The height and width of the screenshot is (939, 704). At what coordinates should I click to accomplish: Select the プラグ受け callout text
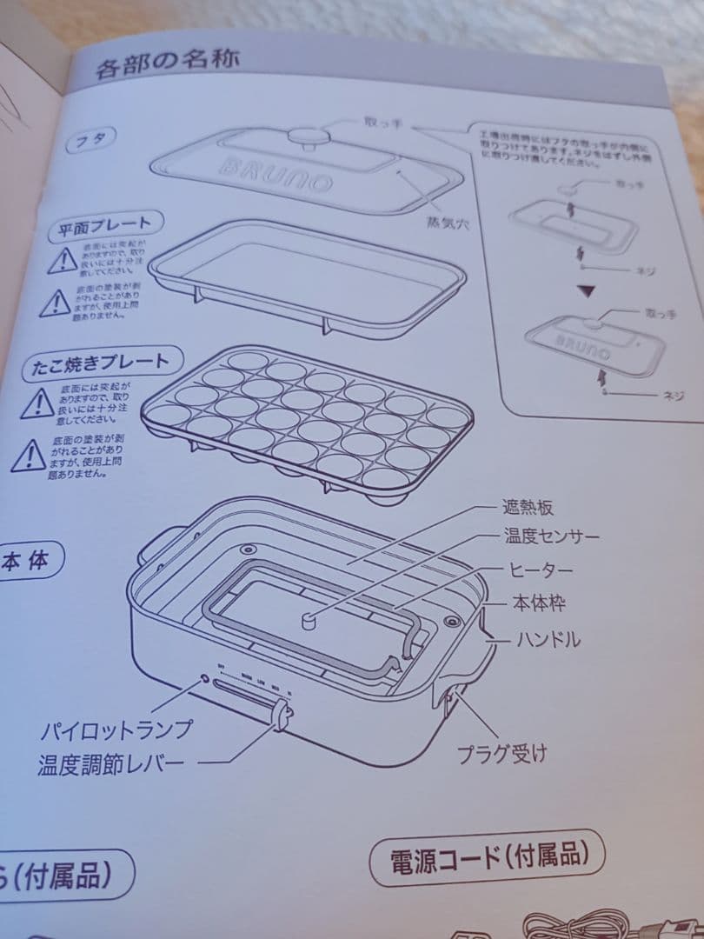pos(503,753)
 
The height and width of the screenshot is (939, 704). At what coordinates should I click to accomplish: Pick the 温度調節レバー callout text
pos(110,764)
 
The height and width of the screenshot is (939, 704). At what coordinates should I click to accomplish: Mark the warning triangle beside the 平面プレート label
pos(62,260)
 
